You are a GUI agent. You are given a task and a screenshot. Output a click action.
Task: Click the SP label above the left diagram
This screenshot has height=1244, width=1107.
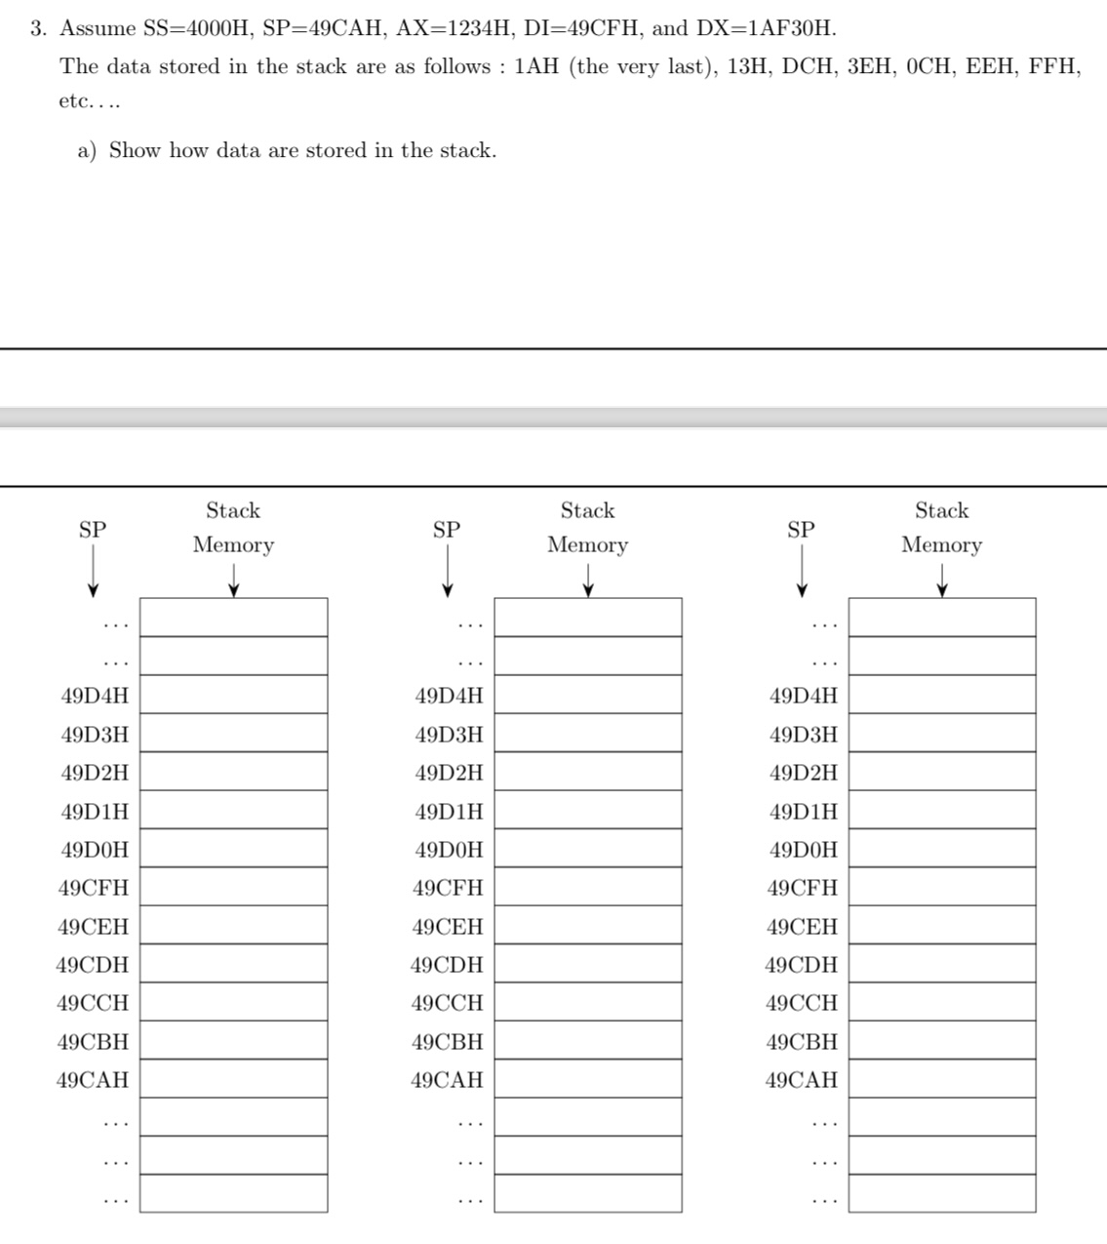pyautogui.click(x=93, y=530)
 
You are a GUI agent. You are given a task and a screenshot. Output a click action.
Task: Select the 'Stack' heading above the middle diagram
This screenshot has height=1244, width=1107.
pyautogui.click(x=587, y=510)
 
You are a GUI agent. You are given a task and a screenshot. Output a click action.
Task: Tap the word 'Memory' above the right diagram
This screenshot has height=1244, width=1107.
pyautogui.click(x=941, y=544)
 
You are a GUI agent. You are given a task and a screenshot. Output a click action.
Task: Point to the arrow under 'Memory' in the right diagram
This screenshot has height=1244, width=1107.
pyautogui.click(x=942, y=580)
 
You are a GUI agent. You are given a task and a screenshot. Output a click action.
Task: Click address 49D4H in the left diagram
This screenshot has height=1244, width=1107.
pyautogui.click(x=95, y=696)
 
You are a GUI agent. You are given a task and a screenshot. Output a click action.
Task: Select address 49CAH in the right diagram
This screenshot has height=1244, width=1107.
pyautogui.click(x=802, y=1080)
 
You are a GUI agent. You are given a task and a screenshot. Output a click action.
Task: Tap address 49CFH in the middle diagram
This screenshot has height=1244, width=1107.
pyautogui.click(x=448, y=888)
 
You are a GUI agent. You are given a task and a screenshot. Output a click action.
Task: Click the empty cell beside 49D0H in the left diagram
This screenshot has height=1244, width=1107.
pyautogui.click(x=233, y=848)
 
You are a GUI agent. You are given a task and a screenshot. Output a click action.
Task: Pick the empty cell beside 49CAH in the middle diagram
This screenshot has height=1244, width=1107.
pyautogui.click(x=587, y=1078)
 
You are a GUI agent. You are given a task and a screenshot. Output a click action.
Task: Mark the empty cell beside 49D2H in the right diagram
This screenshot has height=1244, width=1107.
pyautogui.click(x=941, y=771)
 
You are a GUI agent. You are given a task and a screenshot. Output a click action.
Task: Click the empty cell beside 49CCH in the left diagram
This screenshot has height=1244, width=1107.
pyautogui.click(x=233, y=1001)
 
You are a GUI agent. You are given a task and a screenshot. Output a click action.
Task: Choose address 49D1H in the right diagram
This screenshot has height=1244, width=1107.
pyautogui.click(x=803, y=812)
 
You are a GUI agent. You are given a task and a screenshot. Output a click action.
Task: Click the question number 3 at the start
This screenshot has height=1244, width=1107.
pyautogui.click(x=37, y=28)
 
